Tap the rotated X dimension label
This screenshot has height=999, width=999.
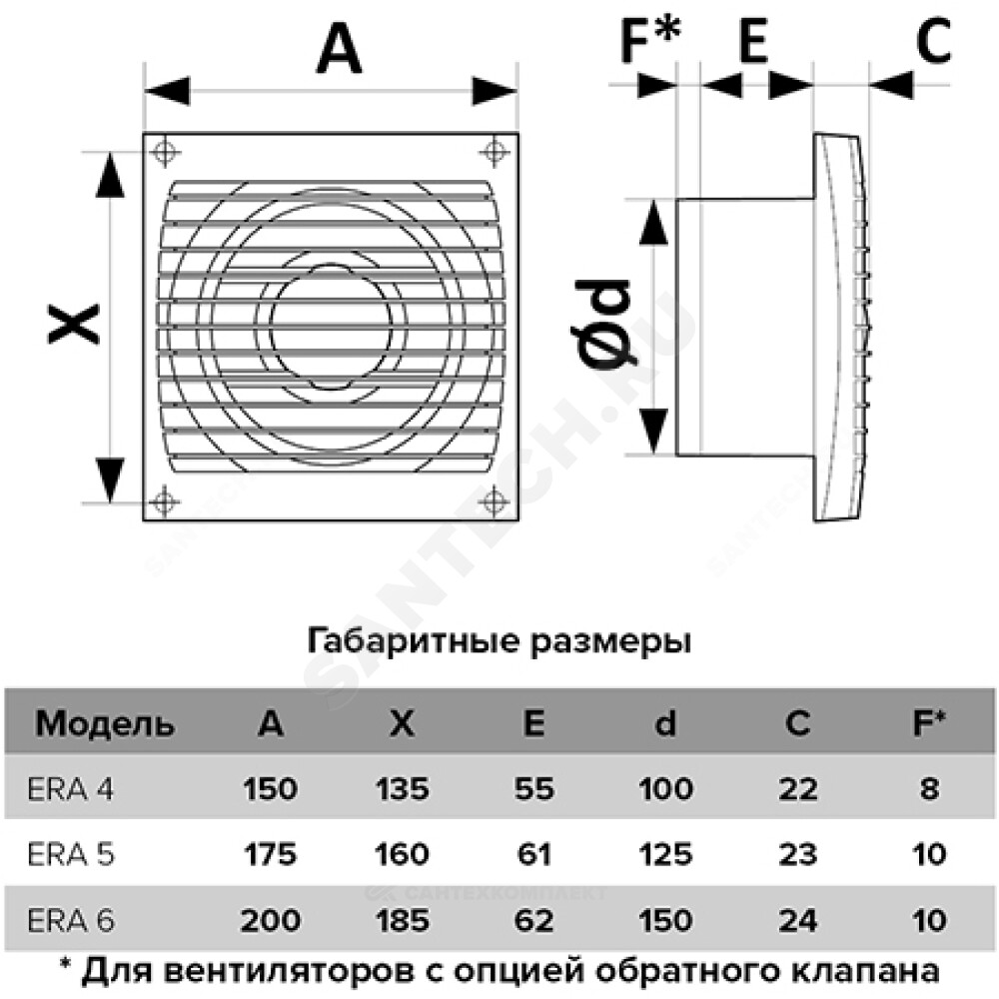click(75, 325)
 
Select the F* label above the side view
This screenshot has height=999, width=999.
click(650, 40)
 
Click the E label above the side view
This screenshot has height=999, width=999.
click(753, 40)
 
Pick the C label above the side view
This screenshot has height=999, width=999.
click(933, 40)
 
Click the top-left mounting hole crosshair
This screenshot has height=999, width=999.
click(165, 152)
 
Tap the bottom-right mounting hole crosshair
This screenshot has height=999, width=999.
click(495, 501)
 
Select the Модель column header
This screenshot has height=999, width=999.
click(105, 724)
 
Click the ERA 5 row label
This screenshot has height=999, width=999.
click(71, 854)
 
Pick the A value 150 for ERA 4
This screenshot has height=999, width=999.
click(270, 789)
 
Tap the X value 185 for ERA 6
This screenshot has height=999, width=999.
click(402, 921)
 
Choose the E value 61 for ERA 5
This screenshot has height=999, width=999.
click(533, 854)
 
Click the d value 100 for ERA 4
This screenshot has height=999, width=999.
click(665, 789)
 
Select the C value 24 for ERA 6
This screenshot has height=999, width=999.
click(797, 921)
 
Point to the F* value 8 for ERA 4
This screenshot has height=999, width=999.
click(929, 789)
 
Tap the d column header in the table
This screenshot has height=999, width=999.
click(665, 723)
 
